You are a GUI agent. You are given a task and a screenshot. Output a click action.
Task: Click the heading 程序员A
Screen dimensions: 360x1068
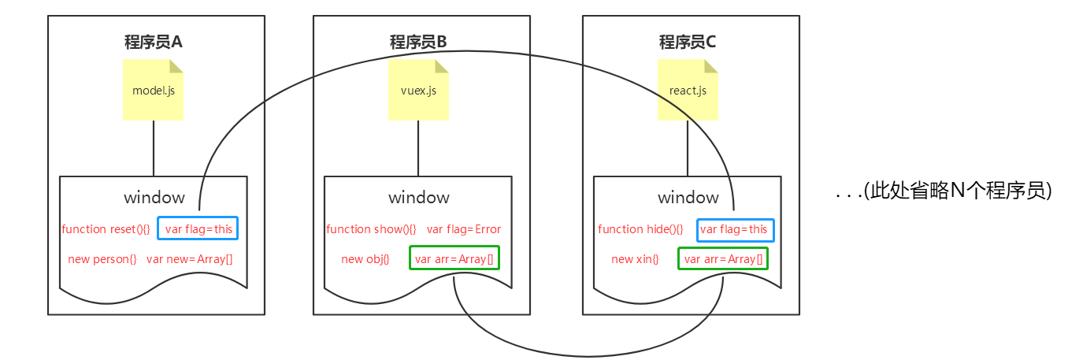click(x=154, y=41)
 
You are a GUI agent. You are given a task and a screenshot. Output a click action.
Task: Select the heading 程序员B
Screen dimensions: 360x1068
click(x=418, y=41)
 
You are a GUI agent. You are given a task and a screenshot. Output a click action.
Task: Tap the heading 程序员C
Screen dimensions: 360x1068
click(x=688, y=41)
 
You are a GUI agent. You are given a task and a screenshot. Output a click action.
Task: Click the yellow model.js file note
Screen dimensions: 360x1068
click(x=154, y=90)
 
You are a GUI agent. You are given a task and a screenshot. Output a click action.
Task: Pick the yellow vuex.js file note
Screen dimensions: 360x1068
click(x=418, y=90)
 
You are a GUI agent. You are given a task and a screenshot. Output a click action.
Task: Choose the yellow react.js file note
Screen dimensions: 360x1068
click(x=688, y=90)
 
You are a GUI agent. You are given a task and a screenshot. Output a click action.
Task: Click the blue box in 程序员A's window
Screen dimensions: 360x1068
click(x=198, y=229)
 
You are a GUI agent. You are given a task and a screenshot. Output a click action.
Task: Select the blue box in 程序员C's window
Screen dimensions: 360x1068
click(x=735, y=230)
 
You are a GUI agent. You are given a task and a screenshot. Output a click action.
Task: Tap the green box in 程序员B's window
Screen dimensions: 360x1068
click(x=454, y=259)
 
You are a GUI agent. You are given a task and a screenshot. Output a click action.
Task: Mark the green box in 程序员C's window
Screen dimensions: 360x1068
click(x=723, y=259)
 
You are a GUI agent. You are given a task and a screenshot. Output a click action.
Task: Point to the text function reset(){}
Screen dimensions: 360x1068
click(x=106, y=229)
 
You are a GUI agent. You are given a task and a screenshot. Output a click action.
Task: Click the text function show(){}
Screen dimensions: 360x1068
click(x=371, y=229)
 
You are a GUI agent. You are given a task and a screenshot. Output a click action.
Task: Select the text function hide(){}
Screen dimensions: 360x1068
click(x=640, y=229)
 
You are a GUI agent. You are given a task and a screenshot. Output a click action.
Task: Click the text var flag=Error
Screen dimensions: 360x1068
click(x=464, y=229)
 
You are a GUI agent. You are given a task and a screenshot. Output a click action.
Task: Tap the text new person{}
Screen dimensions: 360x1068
click(x=102, y=259)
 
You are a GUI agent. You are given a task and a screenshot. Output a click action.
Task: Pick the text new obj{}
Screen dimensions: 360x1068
click(x=365, y=259)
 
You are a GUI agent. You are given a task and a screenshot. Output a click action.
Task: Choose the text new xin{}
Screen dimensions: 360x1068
click(x=634, y=259)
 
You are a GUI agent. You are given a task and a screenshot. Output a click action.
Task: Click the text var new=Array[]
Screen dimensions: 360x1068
click(x=189, y=259)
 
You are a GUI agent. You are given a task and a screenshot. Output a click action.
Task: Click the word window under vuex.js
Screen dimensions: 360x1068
click(x=418, y=197)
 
